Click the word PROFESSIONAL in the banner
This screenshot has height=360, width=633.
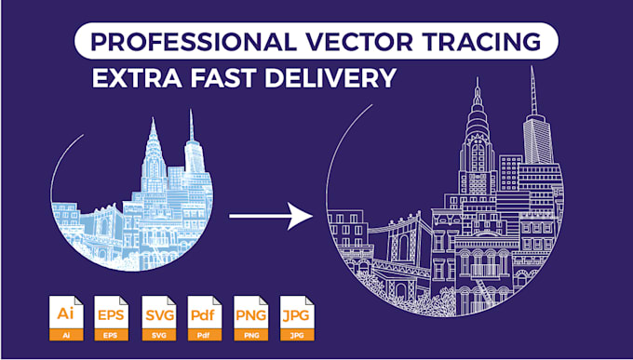(192, 41)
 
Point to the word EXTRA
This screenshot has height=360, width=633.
(137, 78)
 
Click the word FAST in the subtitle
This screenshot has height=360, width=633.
(224, 78)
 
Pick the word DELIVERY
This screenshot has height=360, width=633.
(330, 78)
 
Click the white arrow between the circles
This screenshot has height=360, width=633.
(271, 217)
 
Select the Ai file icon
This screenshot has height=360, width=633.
(66, 318)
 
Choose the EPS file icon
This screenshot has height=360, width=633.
(112, 318)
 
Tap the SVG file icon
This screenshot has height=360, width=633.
(158, 318)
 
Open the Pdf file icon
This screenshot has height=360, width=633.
(205, 318)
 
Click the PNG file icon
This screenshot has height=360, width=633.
(251, 318)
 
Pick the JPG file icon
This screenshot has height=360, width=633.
(297, 318)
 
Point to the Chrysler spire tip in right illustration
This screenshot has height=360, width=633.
(478, 78)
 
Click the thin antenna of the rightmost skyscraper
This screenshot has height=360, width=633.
(533, 91)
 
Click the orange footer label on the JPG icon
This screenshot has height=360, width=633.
(297, 335)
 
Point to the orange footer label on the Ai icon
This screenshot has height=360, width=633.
(66, 335)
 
